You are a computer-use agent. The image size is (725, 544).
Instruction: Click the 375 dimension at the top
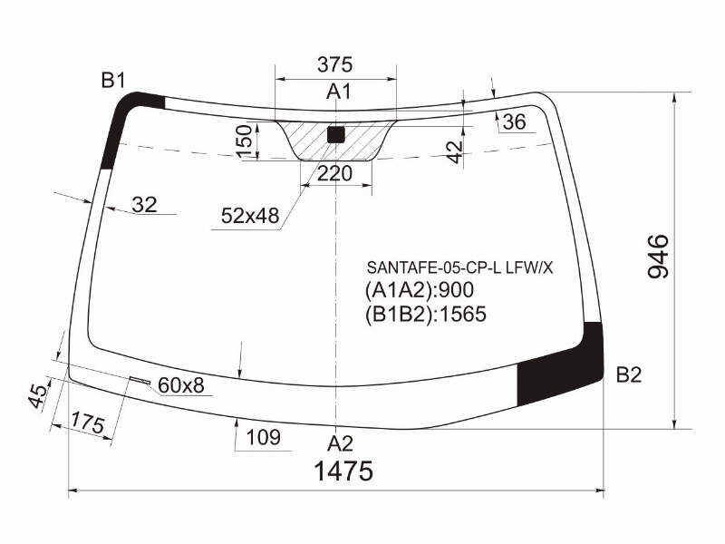pos(334,64)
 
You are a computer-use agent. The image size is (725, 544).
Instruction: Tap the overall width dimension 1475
pos(343,471)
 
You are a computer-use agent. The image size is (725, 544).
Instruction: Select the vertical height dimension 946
pos(659,257)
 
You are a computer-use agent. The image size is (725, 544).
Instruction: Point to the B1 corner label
pos(113,81)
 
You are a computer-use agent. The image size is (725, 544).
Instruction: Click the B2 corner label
pos(629,374)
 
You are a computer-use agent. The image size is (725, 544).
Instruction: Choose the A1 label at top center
pos(338,92)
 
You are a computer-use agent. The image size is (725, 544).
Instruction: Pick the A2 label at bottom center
pos(340,443)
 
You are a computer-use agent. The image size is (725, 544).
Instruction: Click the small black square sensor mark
pos(335,134)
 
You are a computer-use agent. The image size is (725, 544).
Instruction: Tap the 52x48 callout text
pos(250,216)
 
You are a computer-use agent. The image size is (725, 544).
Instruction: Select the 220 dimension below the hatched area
pos(334,174)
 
